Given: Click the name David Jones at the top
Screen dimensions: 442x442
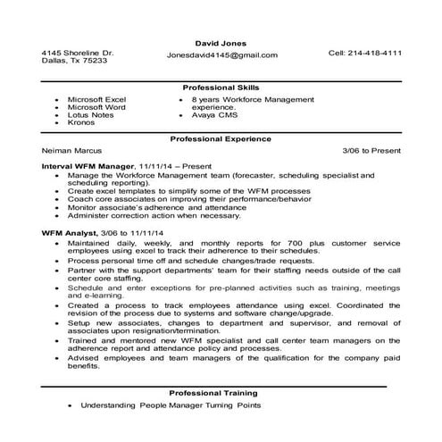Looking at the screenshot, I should point(221,42).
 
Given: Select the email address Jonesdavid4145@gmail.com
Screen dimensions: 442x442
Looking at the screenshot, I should point(221,55).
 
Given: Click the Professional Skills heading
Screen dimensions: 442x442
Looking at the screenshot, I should point(221,88).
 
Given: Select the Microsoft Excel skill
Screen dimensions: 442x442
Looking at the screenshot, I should point(97,98).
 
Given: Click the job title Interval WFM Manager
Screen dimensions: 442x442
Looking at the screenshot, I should point(88,167).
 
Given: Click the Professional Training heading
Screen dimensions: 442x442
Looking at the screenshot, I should point(221,392).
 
